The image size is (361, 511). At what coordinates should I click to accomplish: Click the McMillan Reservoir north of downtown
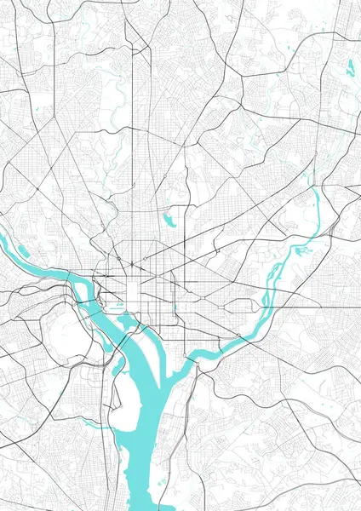click(x=170, y=220)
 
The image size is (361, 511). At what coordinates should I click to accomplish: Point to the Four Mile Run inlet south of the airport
click(x=95, y=422)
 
